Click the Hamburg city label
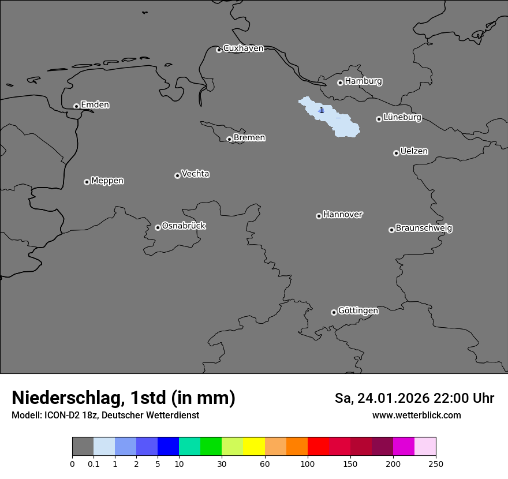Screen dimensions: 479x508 (363, 81)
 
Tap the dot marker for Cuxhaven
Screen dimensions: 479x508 (219, 50)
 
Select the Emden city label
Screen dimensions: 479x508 (95, 105)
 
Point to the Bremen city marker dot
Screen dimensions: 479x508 (229, 139)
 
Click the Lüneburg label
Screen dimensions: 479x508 (402, 118)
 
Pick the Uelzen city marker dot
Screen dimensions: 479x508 (396, 153)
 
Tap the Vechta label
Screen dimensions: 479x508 (195, 174)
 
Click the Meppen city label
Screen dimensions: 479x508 (107, 181)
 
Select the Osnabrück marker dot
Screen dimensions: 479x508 (158, 227)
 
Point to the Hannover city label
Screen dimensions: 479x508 (342, 215)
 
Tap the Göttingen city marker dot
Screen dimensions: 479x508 (334, 312)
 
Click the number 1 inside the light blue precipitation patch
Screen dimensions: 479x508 (322, 110)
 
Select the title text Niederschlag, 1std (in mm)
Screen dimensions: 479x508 (124, 398)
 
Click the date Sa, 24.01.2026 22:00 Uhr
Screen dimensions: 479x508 (414, 398)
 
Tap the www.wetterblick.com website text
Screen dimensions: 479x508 (416, 416)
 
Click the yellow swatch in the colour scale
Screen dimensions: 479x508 (254, 447)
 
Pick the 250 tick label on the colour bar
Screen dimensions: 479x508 (436, 463)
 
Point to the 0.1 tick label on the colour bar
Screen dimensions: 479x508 (94, 463)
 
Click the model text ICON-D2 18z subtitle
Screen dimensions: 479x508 (105, 416)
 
